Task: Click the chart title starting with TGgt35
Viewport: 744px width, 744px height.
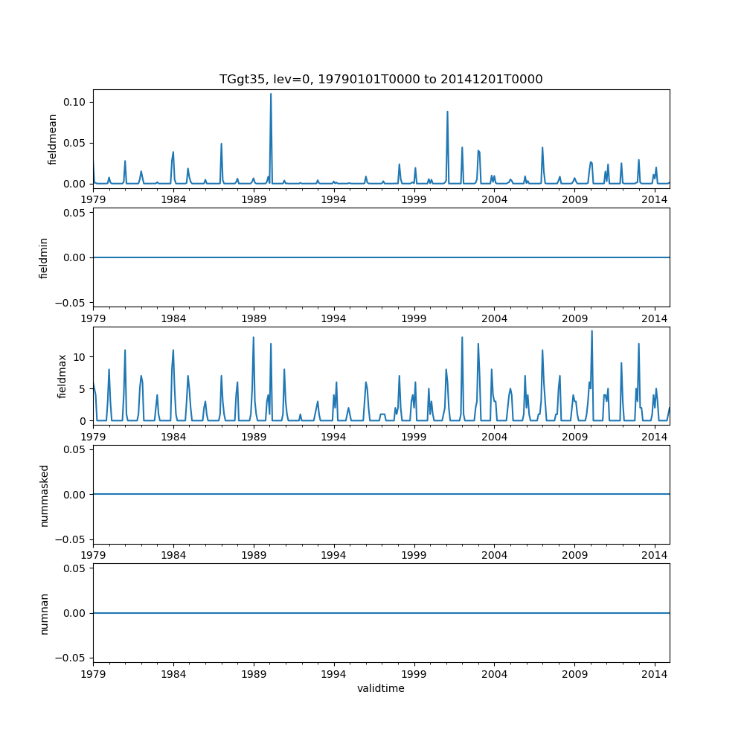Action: (x=380, y=79)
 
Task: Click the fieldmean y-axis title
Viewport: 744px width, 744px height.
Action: (x=52, y=139)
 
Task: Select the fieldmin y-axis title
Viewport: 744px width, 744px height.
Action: (x=44, y=257)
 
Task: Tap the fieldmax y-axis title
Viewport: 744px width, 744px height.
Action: (x=62, y=376)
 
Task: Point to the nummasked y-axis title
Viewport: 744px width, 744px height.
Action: (x=44, y=494)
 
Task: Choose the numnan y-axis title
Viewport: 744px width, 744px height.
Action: (x=44, y=613)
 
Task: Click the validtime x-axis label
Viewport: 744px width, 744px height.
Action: (x=380, y=688)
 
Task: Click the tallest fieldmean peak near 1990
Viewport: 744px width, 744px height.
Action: (x=270, y=94)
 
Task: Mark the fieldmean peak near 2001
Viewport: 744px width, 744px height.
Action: (x=447, y=112)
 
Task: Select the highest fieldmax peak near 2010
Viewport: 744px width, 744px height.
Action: (x=591, y=331)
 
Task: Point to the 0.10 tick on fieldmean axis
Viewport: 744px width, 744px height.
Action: (x=74, y=102)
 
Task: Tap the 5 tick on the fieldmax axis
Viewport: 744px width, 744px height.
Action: (x=83, y=389)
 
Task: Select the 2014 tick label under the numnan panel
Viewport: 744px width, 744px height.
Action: (x=655, y=673)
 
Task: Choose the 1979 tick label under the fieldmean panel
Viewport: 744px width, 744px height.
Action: (x=93, y=199)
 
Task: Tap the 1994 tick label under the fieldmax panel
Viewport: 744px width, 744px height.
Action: (x=333, y=436)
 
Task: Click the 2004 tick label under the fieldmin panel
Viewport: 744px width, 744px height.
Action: (x=494, y=318)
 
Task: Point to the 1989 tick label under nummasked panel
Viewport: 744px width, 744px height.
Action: (x=254, y=554)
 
